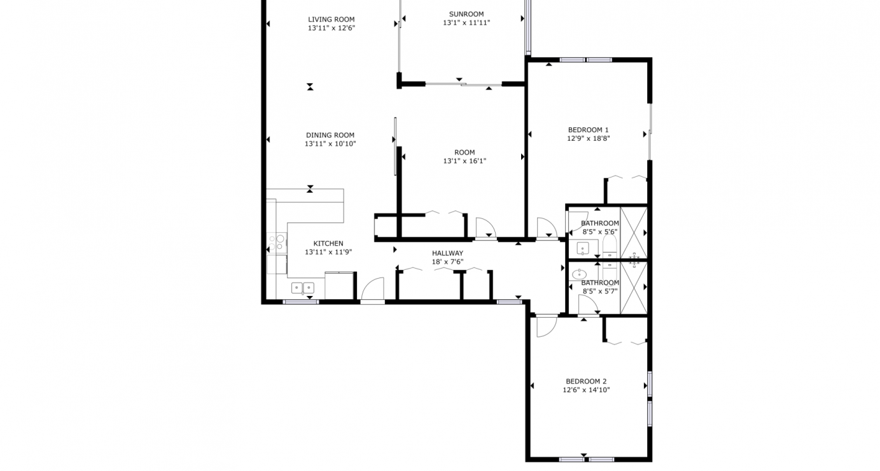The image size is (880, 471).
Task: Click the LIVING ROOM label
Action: (331, 19)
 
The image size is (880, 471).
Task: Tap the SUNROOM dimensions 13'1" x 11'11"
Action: (466, 23)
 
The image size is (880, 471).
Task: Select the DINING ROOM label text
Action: (330, 135)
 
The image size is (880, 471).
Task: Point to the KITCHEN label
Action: (328, 243)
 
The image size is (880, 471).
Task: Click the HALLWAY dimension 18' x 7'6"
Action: (447, 262)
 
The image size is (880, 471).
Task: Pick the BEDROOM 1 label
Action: (589, 130)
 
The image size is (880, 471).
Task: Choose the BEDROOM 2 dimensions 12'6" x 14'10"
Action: (586, 390)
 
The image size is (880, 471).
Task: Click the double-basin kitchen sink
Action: (303, 288)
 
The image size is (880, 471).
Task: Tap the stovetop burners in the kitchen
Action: (279, 243)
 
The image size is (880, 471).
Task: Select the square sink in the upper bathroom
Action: (583, 248)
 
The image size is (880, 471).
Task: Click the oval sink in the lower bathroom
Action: (579, 274)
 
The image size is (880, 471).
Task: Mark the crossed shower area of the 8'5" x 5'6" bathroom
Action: (633, 232)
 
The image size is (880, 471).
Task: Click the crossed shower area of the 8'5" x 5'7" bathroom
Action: (633, 288)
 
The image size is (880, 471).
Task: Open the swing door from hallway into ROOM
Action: (485, 228)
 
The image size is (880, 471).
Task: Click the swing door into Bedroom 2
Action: (546, 326)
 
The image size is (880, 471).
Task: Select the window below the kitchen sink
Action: (300, 302)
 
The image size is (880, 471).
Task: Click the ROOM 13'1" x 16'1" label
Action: (464, 157)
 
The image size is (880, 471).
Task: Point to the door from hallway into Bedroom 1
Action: (546, 228)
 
